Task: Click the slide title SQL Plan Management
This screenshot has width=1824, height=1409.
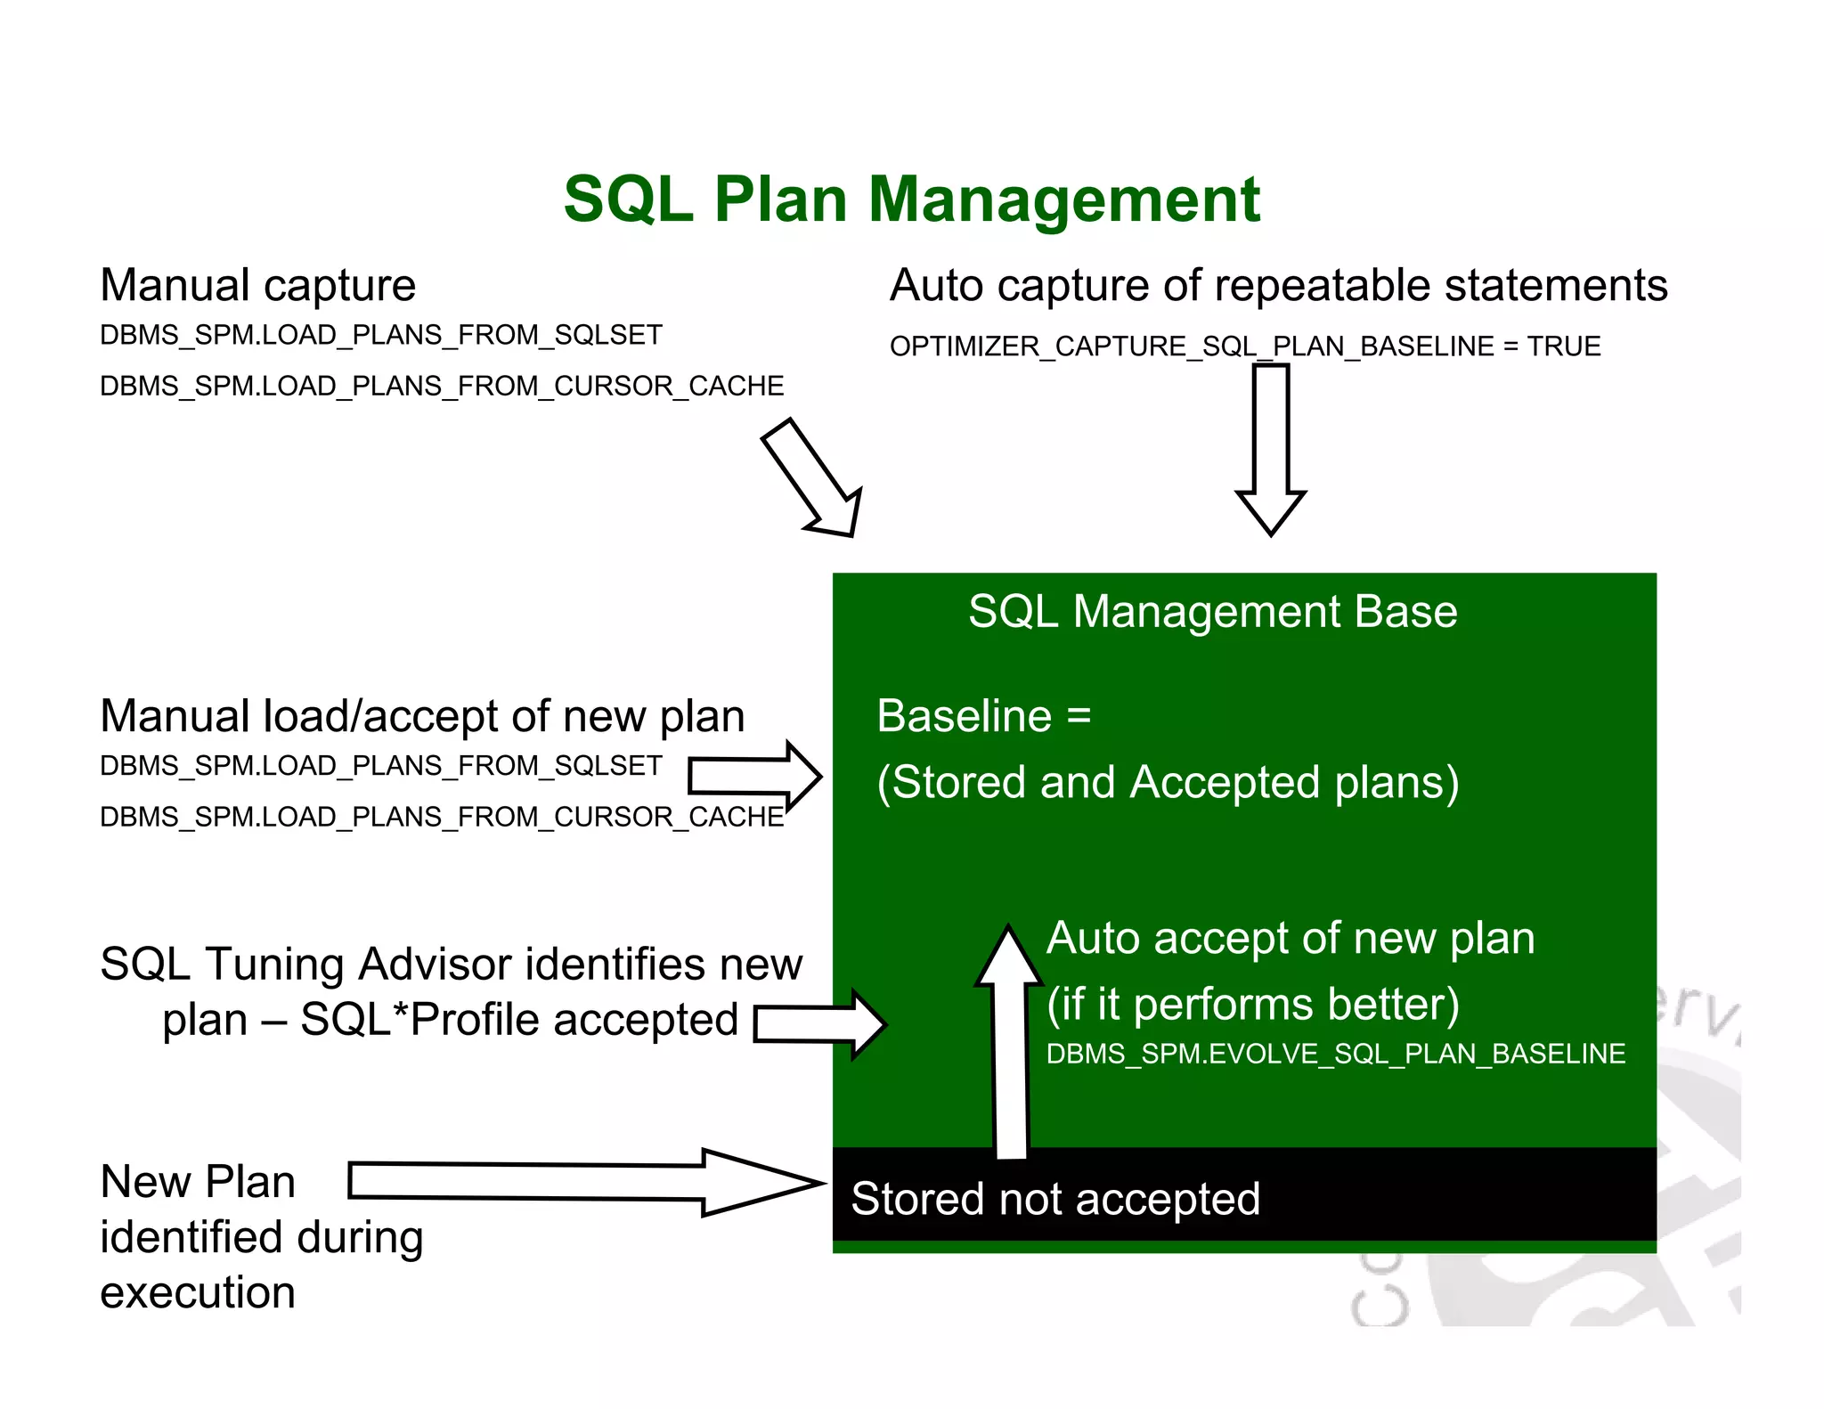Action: tap(911, 200)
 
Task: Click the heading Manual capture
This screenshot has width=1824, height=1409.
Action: tap(257, 286)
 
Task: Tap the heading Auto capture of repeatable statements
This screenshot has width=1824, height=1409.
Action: tap(1278, 286)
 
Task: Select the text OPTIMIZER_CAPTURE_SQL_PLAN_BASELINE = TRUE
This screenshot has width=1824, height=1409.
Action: tap(1244, 346)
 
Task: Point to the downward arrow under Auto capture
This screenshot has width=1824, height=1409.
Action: tap(1271, 450)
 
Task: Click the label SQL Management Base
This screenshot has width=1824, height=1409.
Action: tap(1212, 612)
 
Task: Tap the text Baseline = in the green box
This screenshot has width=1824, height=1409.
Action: tap(983, 716)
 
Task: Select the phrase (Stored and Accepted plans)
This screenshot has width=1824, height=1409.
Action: tap(1168, 783)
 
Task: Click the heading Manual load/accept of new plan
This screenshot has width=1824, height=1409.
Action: tap(422, 717)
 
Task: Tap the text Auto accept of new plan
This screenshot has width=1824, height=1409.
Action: tap(1291, 939)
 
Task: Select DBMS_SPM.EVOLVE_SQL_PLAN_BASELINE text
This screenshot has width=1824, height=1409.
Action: tap(1335, 1055)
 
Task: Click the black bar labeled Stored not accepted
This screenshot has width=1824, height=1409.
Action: tap(1244, 1197)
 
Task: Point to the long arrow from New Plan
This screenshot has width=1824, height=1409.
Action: tap(583, 1183)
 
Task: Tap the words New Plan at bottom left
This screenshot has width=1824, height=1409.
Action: tap(198, 1183)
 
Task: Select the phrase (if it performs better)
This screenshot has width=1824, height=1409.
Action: tap(1252, 1005)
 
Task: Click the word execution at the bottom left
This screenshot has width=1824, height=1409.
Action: tap(198, 1293)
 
